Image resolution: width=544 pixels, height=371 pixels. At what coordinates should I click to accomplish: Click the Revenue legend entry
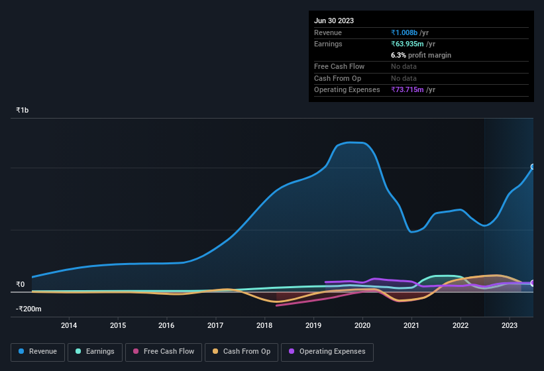(37, 351)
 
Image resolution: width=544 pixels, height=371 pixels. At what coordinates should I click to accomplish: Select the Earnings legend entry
(94, 351)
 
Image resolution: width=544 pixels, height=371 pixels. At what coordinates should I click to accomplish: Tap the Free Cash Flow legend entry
(163, 351)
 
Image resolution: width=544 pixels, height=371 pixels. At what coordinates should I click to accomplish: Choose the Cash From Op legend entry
(241, 351)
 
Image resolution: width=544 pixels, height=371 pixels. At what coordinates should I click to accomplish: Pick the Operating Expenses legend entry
(327, 351)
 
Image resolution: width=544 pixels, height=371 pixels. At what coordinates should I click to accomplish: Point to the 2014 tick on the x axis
(69, 325)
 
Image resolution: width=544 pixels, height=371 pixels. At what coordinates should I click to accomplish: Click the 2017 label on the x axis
(215, 325)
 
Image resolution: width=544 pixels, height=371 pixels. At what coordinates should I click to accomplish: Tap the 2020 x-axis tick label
(362, 325)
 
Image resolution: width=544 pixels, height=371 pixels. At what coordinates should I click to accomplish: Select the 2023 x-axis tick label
(510, 325)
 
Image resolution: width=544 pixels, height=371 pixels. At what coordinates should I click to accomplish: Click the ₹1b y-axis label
(23, 110)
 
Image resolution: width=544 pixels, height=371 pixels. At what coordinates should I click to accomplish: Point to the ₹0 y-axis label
(21, 285)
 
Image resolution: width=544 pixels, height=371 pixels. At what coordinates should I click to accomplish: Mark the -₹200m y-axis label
(29, 309)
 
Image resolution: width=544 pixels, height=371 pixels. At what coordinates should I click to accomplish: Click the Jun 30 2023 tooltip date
(334, 21)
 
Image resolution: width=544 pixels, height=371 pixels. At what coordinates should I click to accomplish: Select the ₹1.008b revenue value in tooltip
(406, 32)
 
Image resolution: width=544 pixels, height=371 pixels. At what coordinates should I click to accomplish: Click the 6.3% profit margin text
(421, 55)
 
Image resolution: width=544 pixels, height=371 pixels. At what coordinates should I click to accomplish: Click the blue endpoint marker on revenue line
(533, 167)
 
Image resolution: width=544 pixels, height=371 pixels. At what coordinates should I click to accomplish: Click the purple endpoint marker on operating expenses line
(533, 283)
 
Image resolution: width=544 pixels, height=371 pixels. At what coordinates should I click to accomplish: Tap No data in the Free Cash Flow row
(404, 66)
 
